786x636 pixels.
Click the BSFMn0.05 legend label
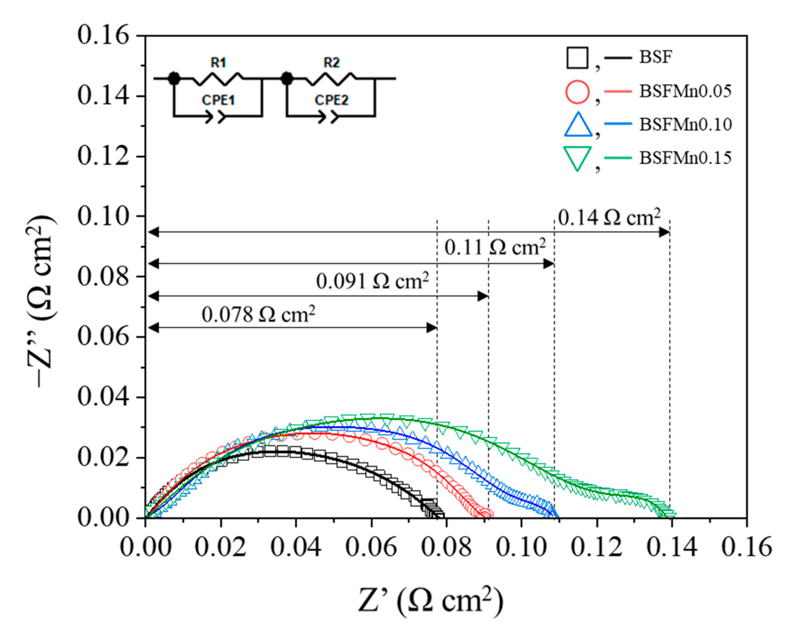pos(685,91)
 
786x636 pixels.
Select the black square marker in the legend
pos(577,58)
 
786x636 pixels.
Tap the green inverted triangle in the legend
pos(577,158)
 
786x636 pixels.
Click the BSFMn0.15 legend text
pos(685,158)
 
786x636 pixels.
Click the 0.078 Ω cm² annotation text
pos(258,314)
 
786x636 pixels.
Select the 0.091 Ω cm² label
pos(372,281)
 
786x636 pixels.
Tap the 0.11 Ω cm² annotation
pos(495,248)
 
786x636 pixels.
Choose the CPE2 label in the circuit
pos(332,100)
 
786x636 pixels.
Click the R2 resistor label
pos(332,63)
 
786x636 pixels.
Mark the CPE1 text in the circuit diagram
pos(219,100)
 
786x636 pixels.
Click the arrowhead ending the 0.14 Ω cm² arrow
pos(665,232)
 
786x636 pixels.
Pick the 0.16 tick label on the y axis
pos(103,36)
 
